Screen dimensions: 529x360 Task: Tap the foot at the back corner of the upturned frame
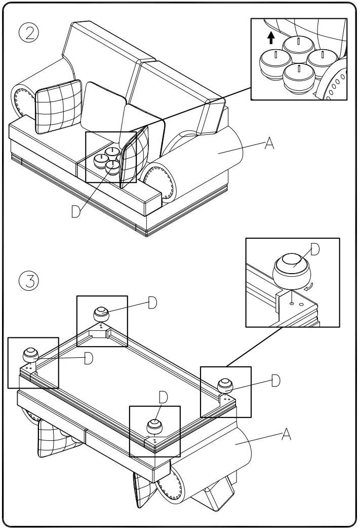tap(101, 314)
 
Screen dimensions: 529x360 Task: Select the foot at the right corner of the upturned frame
tap(225, 385)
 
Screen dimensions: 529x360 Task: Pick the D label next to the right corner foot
tap(275, 381)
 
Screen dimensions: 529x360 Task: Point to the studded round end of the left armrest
tap(21, 100)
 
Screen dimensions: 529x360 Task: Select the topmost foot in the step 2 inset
tap(298, 44)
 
